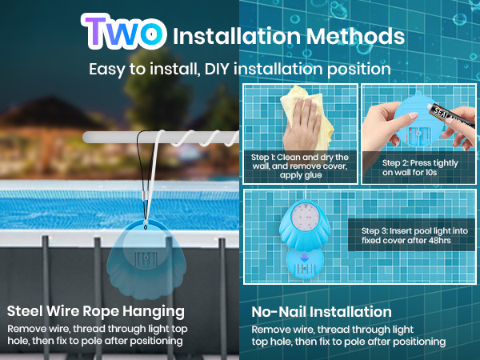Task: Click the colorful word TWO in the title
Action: [x=124, y=31]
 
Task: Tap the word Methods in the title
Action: [x=355, y=36]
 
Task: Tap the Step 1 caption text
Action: [x=300, y=166]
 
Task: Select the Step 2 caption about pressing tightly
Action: [x=420, y=167]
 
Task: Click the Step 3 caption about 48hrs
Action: [x=414, y=235]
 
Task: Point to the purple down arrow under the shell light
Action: [x=304, y=258]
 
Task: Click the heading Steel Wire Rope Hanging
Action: [x=96, y=311]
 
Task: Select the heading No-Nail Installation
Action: [x=322, y=312]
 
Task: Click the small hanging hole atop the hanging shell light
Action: [x=146, y=227]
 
